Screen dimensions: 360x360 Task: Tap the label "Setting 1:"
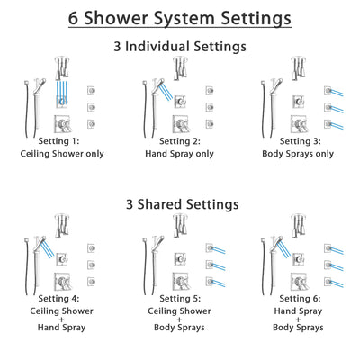tap(64, 142)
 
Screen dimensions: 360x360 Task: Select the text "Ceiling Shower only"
tap(64, 154)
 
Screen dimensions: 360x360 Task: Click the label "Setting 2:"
tap(181, 142)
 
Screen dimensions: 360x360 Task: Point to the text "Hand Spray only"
tap(181, 154)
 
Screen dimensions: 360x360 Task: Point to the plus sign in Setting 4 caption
tap(64, 316)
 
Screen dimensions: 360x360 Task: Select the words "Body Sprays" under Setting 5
tap(181, 328)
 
